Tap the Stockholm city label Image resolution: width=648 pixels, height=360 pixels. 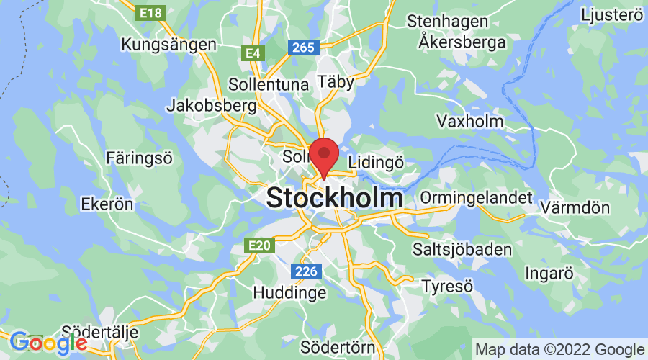(335, 198)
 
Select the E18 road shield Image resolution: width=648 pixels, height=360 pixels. (152, 12)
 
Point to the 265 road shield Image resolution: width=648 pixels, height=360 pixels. (303, 48)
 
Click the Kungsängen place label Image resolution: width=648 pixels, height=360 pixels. (169, 45)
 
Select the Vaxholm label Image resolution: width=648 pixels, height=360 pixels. (471, 121)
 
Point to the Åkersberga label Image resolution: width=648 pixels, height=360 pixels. (462, 42)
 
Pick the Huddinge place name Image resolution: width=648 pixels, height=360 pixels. (289, 293)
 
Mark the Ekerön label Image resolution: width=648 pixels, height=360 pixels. (108, 204)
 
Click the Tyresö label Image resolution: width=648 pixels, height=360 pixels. (447, 286)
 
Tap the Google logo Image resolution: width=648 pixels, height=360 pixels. (48, 343)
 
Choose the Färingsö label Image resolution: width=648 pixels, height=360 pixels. (139, 157)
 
